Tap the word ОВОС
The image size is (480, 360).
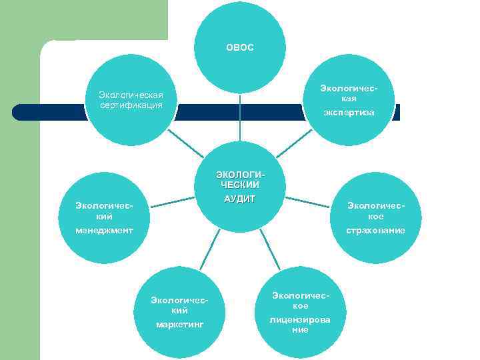[240, 48]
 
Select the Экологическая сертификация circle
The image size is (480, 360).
[131, 100]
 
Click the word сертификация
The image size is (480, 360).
[131, 105]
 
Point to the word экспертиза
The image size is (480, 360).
[349, 113]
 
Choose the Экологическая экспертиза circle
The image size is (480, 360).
[349, 100]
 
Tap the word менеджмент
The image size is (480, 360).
[104, 231]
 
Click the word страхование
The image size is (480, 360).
[375, 231]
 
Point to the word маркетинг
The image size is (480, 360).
[179, 325]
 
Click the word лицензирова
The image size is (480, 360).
[300, 320]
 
